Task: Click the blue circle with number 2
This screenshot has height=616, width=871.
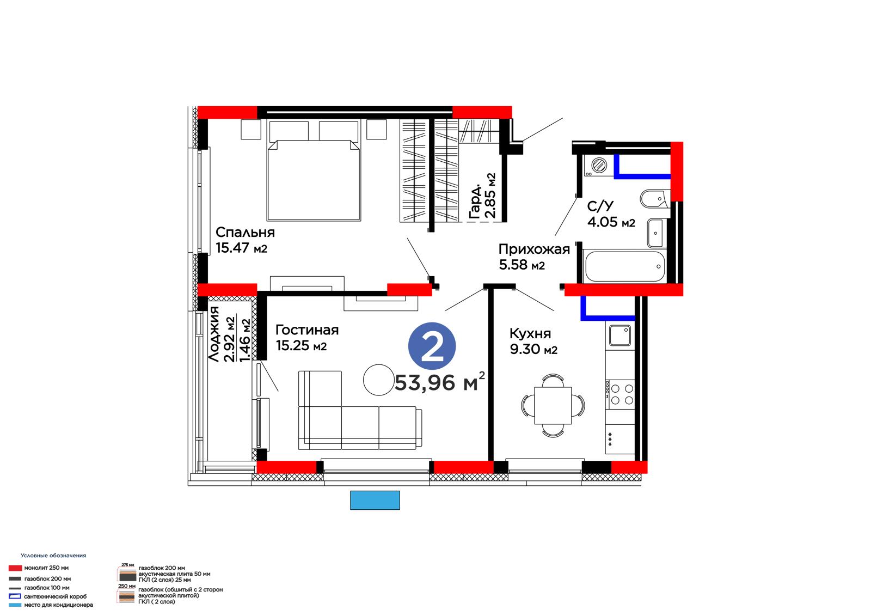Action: pos(432,346)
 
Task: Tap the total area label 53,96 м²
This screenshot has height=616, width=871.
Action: pos(440,382)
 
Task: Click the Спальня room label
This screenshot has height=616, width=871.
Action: pos(245,233)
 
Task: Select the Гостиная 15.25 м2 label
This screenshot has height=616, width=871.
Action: pos(307,337)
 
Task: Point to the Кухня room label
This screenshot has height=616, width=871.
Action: pos(530,333)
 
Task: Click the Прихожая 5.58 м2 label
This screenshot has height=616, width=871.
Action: pos(534,257)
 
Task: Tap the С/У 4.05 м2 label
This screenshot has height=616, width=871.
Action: pos(611,214)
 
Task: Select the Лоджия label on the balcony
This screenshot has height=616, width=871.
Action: pos(214,334)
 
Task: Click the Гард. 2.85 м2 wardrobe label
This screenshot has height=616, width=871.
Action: pos(482,196)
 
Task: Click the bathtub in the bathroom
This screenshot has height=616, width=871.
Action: pos(624,266)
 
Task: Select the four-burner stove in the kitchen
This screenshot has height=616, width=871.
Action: pos(620,394)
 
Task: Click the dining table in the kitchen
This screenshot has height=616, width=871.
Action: pos(553,405)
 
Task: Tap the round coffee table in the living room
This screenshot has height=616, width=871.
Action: pos(379,380)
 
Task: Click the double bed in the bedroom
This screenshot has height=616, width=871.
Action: pos(314,181)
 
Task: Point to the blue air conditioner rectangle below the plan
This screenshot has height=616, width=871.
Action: pos(375,500)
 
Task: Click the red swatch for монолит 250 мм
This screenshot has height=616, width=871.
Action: pos(15,568)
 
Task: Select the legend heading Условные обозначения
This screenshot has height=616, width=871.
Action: pos(53,556)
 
